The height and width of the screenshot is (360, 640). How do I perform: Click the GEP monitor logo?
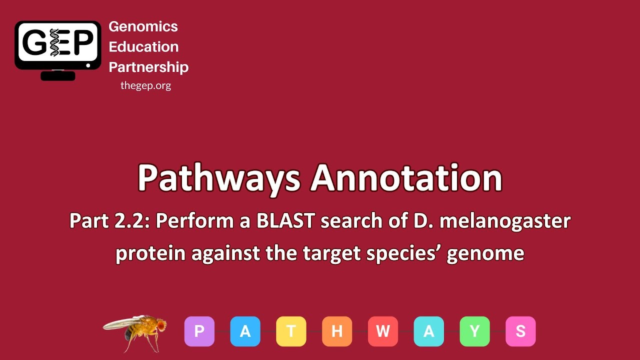(x=58, y=49)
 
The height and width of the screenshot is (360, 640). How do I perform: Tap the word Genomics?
(x=143, y=26)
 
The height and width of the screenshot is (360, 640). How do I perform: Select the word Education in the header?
(x=143, y=47)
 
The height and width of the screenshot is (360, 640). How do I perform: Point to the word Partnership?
(x=148, y=67)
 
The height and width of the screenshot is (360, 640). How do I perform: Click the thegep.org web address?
(x=145, y=85)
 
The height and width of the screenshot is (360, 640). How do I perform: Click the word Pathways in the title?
(x=219, y=178)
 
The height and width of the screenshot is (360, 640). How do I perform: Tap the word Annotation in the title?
(x=406, y=177)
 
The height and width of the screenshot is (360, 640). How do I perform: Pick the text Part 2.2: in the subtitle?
(x=110, y=221)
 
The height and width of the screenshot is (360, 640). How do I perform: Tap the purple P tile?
(x=199, y=331)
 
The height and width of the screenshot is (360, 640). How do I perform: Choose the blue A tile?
(x=245, y=331)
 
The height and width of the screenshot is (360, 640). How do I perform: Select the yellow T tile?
(x=291, y=331)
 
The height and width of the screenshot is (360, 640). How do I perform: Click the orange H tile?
(x=337, y=331)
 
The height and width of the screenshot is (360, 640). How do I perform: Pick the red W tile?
(x=383, y=331)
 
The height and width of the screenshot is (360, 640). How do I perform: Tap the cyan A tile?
(x=429, y=331)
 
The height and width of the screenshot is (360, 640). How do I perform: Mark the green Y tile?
(x=475, y=331)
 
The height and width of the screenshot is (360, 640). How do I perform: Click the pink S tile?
(x=520, y=331)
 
